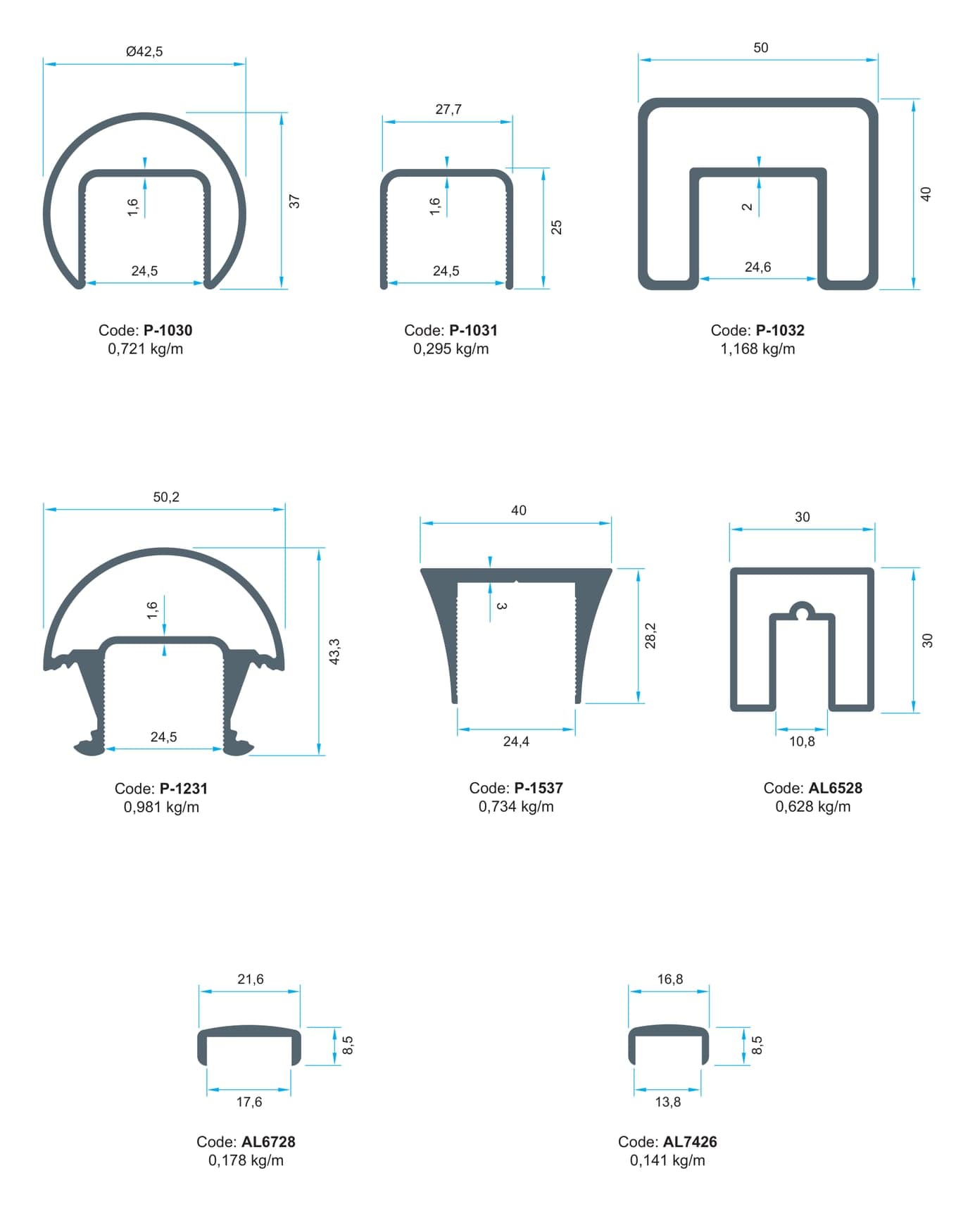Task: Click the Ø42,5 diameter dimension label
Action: pos(144,51)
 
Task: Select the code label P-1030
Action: pos(168,330)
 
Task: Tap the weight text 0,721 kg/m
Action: pos(145,349)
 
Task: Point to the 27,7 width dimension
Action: pos(448,109)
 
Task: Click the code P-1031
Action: pos(473,330)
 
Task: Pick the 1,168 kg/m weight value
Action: pos(757,349)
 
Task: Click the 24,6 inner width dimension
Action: pos(757,267)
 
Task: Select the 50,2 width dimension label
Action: pos(166,497)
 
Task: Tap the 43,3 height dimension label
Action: pos(335,651)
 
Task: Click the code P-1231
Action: pos(184,789)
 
